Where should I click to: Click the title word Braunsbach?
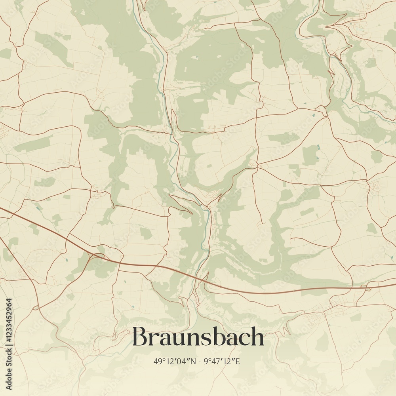click(198, 337)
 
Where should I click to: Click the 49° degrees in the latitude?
click(158, 361)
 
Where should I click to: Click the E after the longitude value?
click(238, 361)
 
